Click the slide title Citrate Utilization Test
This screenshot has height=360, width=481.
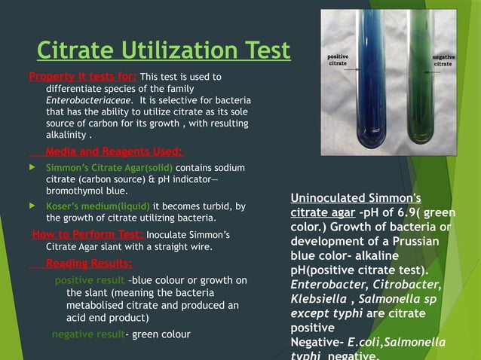point(164,50)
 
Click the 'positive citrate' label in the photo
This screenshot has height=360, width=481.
point(337,61)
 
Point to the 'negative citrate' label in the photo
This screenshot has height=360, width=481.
point(443,61)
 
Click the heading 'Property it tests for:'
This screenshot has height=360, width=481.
point(83,76)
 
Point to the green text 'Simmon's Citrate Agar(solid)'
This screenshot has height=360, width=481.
point(109,167)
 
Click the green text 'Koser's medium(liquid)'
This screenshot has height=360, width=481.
point(99,206)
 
